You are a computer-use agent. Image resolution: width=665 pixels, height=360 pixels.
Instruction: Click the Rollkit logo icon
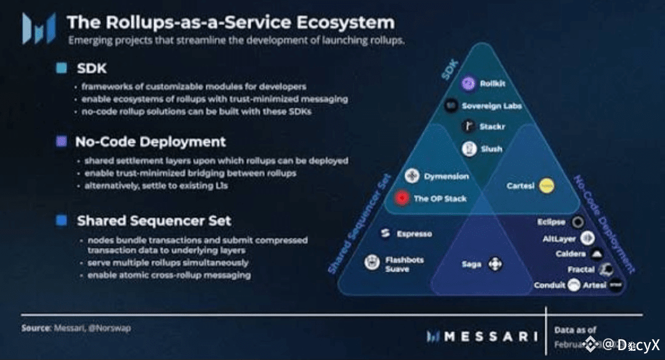tap(469, 83)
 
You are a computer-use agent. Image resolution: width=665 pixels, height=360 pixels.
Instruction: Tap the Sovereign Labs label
tap(491, 106)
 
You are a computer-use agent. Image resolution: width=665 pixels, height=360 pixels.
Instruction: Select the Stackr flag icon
tap(469, 126)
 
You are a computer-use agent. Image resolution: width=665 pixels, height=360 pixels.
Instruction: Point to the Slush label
tap(492, 149)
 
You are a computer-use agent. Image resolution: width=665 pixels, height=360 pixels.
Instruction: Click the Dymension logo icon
tap(412, 177)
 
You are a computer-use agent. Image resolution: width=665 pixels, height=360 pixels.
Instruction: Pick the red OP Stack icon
tap(403, 199)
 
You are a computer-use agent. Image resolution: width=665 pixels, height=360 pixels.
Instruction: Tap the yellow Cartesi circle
tap(546, 185)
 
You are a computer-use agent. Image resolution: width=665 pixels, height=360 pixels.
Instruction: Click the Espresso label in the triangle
tap(414, 234)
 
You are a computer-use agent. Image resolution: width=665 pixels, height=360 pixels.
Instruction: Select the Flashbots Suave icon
tap(371, 263)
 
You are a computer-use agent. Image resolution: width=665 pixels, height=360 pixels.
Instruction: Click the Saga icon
tap(496, 265)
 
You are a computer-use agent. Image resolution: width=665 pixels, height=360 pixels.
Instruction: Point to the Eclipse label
tap(550, 222)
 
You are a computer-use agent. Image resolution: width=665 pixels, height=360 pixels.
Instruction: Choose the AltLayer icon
tap(587, 238)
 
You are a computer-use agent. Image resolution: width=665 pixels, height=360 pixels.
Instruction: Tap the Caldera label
tap(570, 254)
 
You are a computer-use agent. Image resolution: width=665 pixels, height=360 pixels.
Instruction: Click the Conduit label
tap(549, 285)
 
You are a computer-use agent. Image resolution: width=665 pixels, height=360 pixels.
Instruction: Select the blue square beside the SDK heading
tap(62, 68)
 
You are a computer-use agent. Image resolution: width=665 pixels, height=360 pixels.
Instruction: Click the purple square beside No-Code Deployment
tap(62, 142)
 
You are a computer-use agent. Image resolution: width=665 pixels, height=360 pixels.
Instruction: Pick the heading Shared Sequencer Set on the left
tap(153, 220)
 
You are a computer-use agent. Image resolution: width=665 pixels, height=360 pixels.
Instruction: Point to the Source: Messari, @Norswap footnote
tap(76, 328)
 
